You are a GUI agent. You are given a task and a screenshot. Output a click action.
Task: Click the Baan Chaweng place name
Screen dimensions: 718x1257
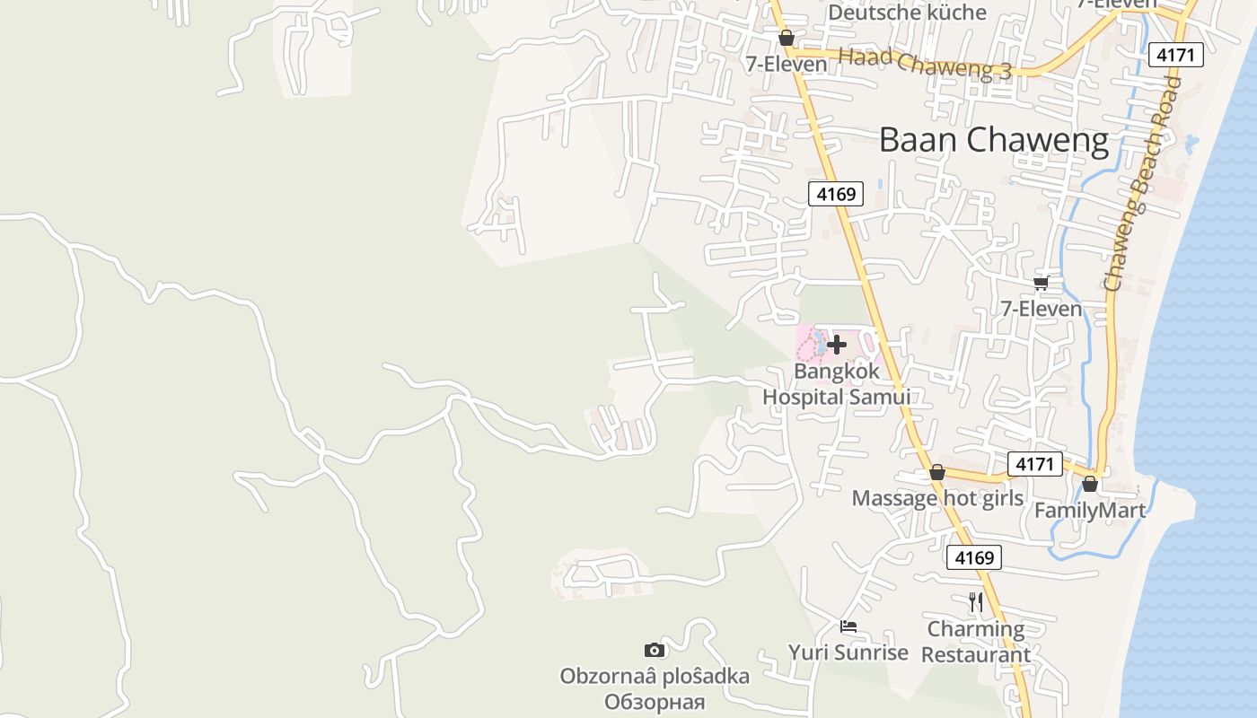[x=994, y=141]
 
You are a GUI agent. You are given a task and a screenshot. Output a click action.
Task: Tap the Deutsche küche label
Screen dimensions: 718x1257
[x=907, y=13]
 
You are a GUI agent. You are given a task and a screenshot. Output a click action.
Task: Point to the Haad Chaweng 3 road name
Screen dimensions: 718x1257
[x=925, y=65]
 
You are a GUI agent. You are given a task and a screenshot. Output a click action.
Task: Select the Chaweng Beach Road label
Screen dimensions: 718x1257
[x=1141, y=184]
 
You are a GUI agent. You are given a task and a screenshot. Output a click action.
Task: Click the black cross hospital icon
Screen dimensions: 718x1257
[x=837, y=344]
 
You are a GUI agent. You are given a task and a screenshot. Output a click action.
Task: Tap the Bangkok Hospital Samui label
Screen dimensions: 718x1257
[x=837, y=383]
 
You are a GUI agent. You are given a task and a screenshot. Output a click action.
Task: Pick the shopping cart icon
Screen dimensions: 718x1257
[x=1042, y=284]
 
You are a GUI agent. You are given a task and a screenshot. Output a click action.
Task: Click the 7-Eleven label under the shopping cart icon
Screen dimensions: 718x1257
[x=1042, y=310]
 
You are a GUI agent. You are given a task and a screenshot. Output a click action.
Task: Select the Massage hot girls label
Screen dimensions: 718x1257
[x=937, y=499]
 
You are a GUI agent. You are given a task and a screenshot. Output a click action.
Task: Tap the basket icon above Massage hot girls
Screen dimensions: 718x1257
[x=937, y=472]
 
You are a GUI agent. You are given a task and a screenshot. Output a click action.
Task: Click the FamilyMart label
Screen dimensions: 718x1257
[x=1090, y=511]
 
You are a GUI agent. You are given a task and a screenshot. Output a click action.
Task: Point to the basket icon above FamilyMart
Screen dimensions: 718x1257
[x=1090, y=484]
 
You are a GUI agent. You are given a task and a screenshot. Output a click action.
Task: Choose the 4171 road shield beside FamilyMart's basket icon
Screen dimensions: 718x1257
[x=1035, y=464]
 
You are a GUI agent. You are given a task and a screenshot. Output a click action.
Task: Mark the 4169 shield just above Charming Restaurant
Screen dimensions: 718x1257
[x=974, y=558]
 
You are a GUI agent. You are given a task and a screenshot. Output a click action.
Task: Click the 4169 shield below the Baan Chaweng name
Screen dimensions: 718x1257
[x=836, y=193]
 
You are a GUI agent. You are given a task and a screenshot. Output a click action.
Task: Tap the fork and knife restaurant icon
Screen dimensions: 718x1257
[x=976, y=601]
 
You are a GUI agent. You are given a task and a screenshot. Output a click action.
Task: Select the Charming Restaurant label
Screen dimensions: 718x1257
[x=976, y=642]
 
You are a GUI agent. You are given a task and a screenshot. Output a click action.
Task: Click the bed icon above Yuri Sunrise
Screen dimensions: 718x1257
[x=848, y=626]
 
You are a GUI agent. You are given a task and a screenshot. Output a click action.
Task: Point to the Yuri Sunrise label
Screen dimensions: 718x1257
[x=848, y=652]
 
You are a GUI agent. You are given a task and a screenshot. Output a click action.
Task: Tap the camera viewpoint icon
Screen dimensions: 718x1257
[x=655, y=650]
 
